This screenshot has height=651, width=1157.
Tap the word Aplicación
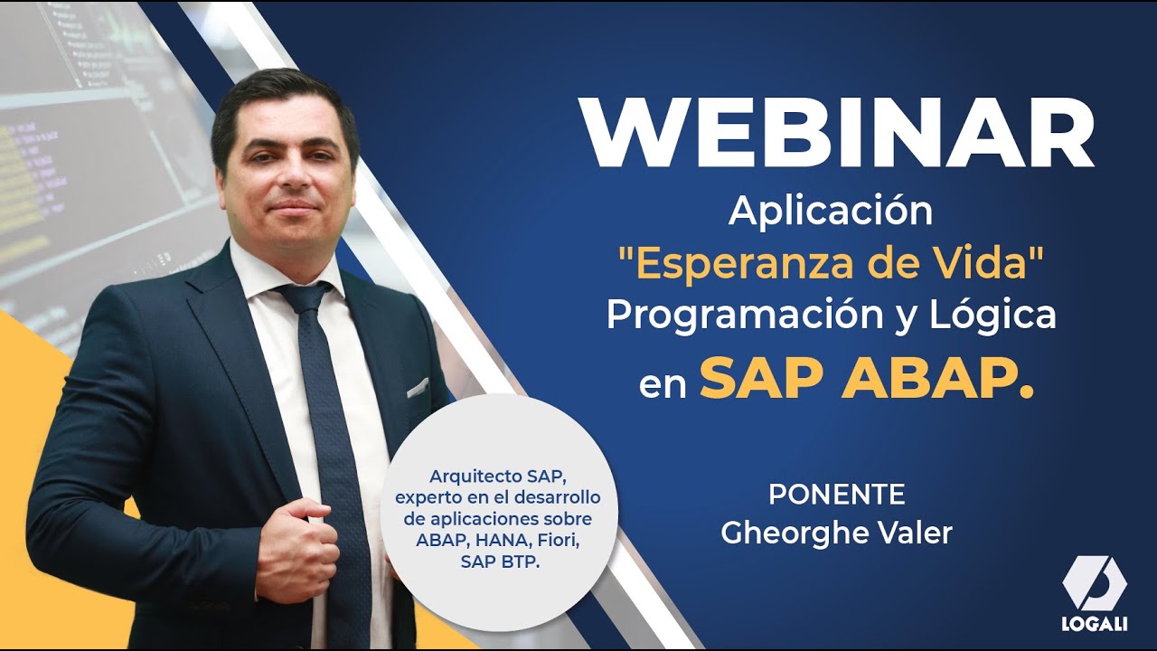coord(831,212)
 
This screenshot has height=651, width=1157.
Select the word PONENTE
coord(836,495)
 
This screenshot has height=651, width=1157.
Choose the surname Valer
coord(913,533)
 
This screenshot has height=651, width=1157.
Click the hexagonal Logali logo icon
coord(1095,583)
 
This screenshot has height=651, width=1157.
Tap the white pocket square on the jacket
coord(417,388)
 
